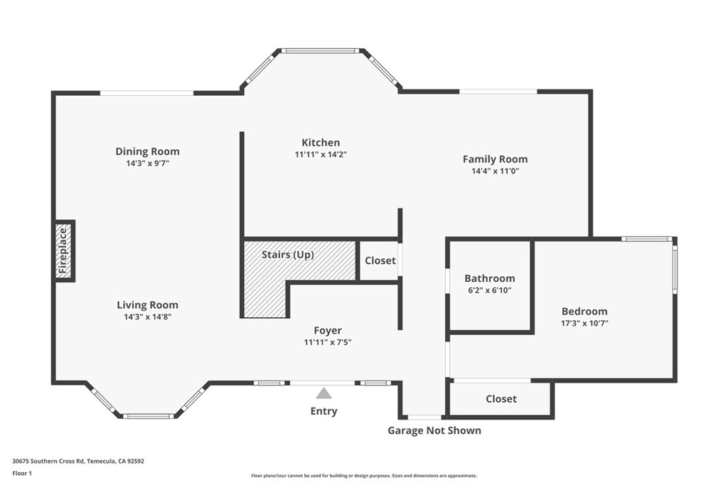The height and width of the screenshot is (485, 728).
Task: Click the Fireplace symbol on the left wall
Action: pos(65,251)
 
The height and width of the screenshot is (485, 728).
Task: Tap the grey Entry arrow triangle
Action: pos(324,393)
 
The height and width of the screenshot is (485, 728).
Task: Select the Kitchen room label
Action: pos(321,142)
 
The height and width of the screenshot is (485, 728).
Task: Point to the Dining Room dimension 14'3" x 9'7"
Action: pos(148,163)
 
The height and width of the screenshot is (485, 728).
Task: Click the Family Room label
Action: pos(496,159)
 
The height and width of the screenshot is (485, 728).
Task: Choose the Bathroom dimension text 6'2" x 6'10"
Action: pos(490,290)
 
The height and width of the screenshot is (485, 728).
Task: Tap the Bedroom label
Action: pos(584,311)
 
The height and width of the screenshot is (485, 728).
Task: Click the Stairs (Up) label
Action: pos(288,254)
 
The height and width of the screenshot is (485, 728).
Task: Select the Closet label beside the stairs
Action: pos(380,261)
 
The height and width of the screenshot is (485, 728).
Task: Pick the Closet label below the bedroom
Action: pos(501,399)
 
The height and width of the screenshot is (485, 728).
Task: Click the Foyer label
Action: pos(328,331)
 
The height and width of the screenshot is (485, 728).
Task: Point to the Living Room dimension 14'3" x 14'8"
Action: pos(148,317)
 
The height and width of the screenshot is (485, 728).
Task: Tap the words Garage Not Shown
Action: pos(434,431)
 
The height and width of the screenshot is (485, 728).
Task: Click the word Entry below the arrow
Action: pos(324,411)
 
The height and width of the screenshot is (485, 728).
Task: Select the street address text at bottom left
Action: pos(78,462)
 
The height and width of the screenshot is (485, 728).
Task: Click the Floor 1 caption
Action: pos(22,474)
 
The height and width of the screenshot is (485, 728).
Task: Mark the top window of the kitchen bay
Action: pos(321,50)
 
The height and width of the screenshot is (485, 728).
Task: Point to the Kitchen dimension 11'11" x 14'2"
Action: pos(321,154)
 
